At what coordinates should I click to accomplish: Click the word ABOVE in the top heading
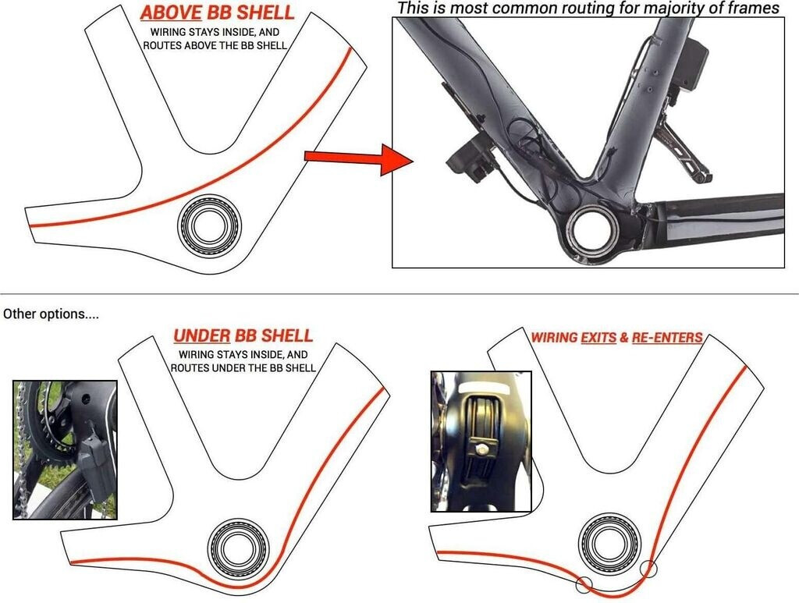click(x=166, y=13)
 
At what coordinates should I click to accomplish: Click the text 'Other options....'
click(x=51, y=314)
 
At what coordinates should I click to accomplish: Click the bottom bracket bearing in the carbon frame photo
click(x=593, y=231)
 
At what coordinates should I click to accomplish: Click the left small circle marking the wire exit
click(x=584, y=583)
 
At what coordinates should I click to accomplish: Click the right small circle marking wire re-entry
click(x=648, y=569)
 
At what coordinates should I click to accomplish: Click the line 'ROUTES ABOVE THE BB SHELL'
click(x=215, y=46)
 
